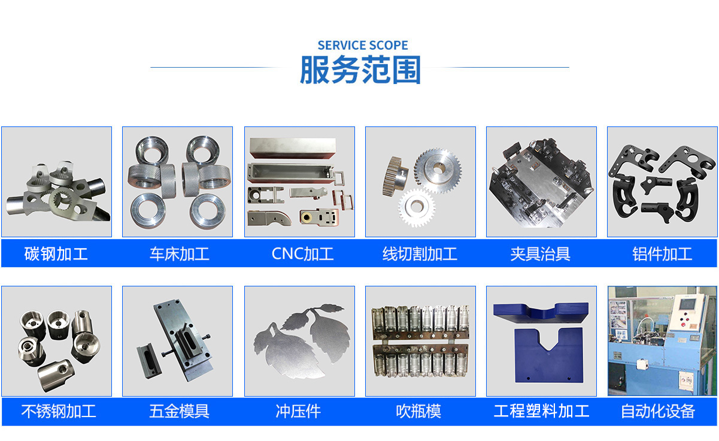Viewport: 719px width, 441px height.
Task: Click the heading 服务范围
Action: [360, 70]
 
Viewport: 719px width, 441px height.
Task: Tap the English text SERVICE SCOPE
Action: [363, 46]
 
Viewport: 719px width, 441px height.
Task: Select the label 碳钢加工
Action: [56, 253]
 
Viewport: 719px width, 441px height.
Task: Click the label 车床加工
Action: [180, 253]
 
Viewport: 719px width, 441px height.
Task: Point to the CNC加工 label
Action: [302, 253]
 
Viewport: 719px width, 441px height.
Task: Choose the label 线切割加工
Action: [420, 253]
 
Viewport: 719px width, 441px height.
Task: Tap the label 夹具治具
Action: [541, 253]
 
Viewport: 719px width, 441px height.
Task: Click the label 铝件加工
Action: [662, 253]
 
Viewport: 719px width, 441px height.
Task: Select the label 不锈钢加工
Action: [59, 411]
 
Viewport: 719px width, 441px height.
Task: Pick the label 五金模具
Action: [180, 411]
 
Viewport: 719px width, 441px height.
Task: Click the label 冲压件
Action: [298, 411]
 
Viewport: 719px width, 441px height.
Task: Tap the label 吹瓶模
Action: [418, 411]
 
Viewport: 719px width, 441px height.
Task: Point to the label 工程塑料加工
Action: [542, 411]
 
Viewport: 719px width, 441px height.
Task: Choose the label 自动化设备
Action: [658, 411]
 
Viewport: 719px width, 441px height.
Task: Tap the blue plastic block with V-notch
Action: [548, 355]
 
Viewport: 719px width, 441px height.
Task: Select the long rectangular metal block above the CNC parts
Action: [293, 148]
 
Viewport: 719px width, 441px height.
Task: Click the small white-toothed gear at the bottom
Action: [416, 207]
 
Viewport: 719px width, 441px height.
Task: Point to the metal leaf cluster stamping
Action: [302, 340]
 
